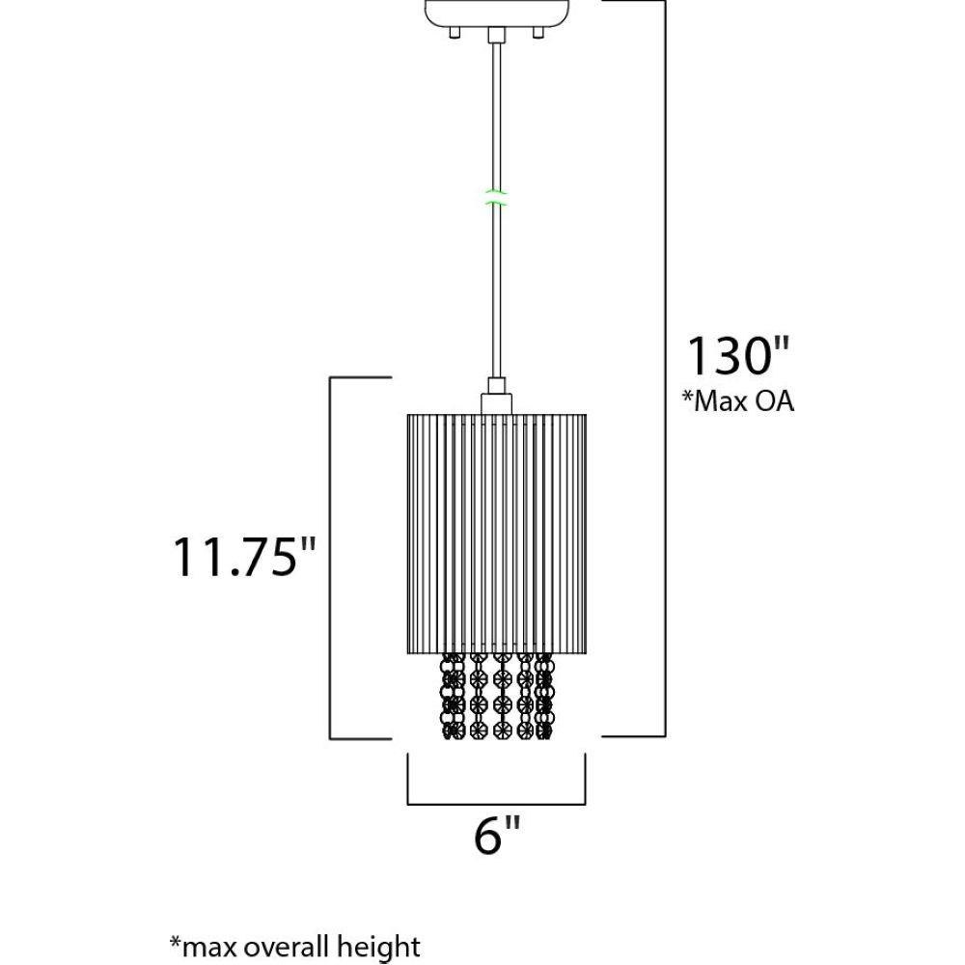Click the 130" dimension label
tap(737, 355)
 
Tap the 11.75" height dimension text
tap(244, 557)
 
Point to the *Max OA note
tap(738, 400)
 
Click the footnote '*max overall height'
tap(294, 946)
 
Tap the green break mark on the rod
tap(496, 196)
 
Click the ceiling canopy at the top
tap(497, 14)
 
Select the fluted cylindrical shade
tap(497, 534)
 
